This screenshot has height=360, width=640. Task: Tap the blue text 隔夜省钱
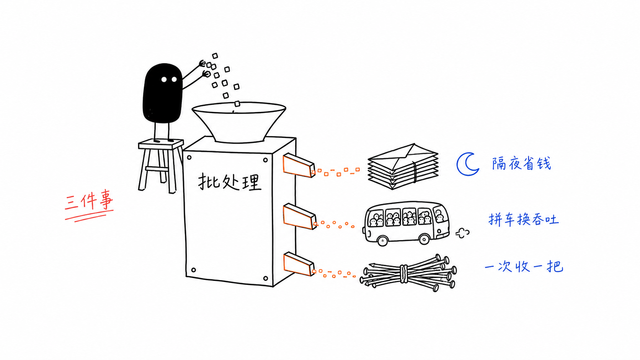pos(521,164)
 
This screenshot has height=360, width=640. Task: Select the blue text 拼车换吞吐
pos(523,220)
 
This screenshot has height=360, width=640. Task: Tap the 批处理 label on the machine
pos(230,182)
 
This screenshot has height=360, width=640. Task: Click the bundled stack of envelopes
pos(403,166)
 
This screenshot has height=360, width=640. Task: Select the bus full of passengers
pos(406,223)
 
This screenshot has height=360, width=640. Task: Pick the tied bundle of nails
pos(408,273)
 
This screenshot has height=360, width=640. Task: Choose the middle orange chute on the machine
pos(299,217)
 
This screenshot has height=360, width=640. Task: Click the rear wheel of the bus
pos(424,239)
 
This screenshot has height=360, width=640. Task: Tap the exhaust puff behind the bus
pos(462,233)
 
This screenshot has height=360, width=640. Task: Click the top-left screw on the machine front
pos(189,158)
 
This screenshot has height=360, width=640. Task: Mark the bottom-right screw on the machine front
pos(265,278)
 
